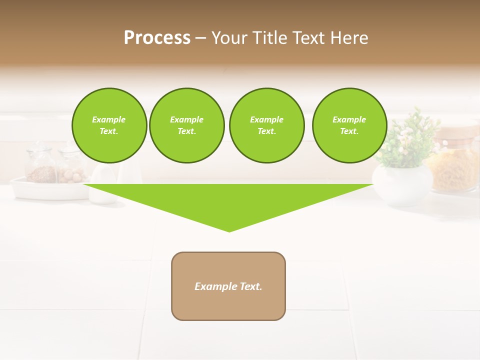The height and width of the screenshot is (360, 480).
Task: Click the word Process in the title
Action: tap(157, 38)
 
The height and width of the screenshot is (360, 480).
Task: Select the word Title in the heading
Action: tap(269, 38)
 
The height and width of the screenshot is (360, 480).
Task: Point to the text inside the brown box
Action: tap(228, 286)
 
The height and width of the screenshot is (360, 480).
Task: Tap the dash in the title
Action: tap(201, 38)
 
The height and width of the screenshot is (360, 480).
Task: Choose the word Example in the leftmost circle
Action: tap(108, 119)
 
